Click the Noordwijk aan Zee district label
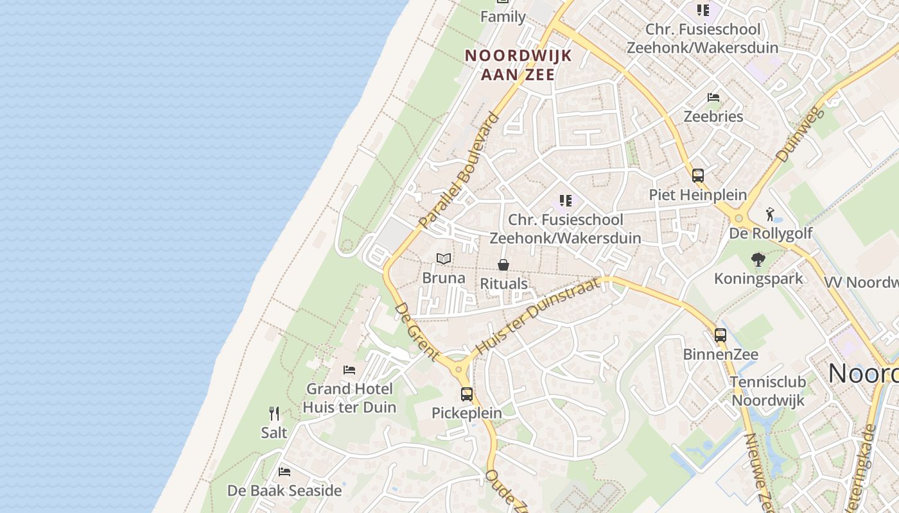(x=518, y=65)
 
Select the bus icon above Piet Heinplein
(x=698, y=175)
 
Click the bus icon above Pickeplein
(x=467, y=394)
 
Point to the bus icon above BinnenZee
(x=720, y=335)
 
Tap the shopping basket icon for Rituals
(x=504, y=265)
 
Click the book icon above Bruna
(x=444, y=258)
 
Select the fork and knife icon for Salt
(x=274, y=414)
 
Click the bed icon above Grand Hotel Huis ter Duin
(x=349, y=370)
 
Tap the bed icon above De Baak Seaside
(x=284, y=472)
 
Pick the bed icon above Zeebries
(x=713, y=97)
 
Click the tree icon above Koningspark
(x=758, y=260)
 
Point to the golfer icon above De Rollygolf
(x=771, y=214)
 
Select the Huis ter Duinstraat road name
(x=539, y=317)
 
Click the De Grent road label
(x=416, y=331)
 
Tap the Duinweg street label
(x=800, y=134)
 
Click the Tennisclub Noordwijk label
(x=768, y=391)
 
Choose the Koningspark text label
(x=758, y=278)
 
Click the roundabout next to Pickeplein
(x=458, y=370)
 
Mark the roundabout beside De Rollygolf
(x=739, y=219)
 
